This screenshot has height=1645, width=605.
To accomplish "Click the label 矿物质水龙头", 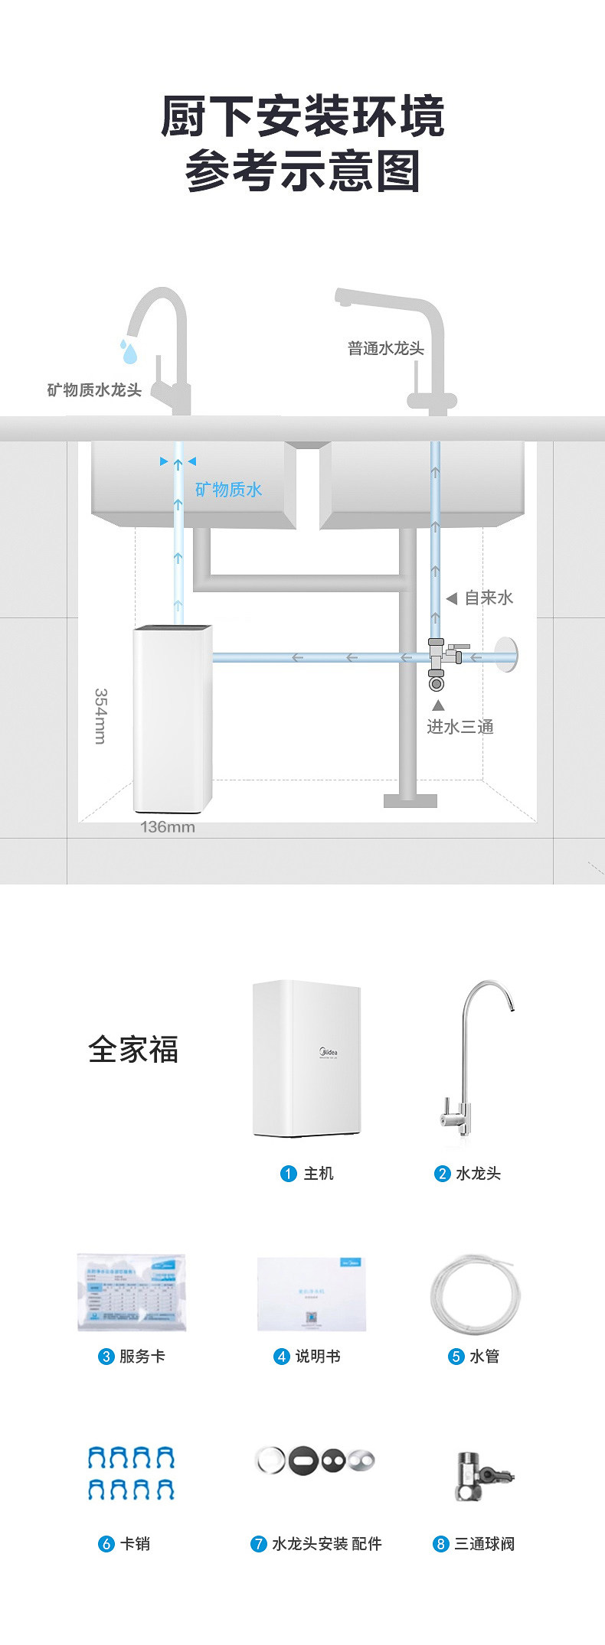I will point(94,390).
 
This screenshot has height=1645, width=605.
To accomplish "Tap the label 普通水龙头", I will point(385,349).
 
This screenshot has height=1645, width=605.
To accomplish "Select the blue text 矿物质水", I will point(228,490).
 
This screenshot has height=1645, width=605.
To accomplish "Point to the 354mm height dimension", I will point(100,715).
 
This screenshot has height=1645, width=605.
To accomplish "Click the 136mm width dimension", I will point(167,827).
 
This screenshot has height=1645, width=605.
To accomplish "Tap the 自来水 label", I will point(489,598).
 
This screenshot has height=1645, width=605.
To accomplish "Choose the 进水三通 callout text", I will point(459,727).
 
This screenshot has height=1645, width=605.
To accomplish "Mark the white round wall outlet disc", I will point(506,655).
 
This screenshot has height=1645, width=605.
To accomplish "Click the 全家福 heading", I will point(133,1050).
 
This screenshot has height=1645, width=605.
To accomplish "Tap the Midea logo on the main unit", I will point(328,1053).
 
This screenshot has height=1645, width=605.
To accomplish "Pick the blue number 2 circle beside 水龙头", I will point(442,1174).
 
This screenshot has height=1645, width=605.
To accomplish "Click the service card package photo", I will point(131,1292).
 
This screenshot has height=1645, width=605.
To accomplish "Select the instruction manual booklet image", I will point(311,1293).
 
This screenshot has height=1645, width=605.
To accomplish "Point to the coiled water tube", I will point(475,1294).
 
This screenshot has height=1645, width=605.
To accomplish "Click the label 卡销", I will point(135,1544).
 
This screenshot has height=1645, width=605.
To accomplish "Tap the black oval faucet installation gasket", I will point(303,1461).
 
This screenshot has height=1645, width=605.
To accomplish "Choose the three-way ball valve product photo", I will point(482,1475).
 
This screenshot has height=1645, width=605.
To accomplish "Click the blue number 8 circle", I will point(440,1544).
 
